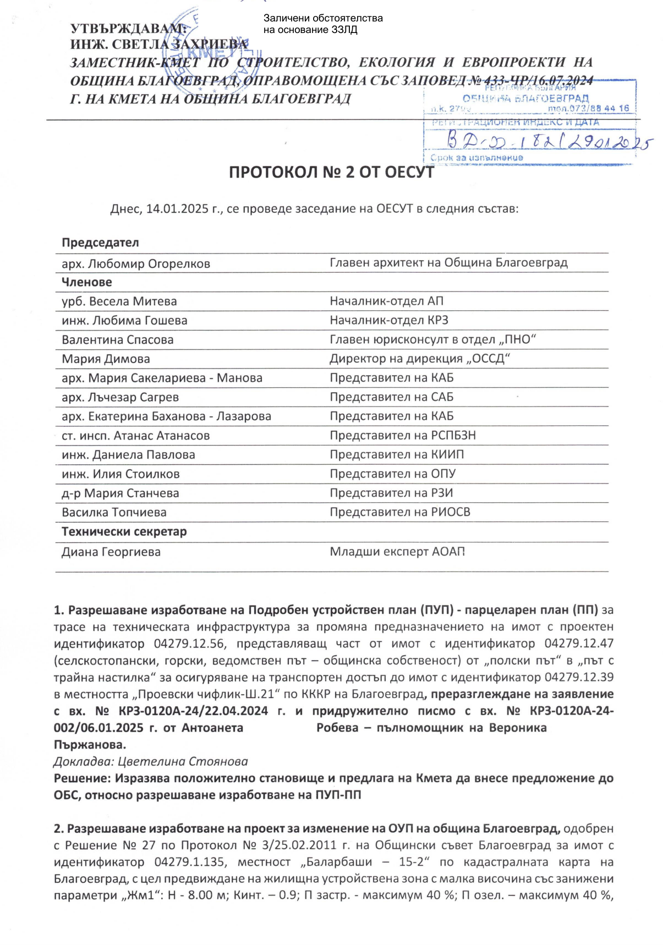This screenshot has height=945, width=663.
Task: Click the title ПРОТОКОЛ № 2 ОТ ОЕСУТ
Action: pos(331,172)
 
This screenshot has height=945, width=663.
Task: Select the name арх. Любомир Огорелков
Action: pos(136,264)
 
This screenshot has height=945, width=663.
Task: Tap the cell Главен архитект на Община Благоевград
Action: pos(448,263)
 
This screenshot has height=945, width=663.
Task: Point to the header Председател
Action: pos(100,243)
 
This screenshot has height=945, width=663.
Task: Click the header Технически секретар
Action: pos(124,531)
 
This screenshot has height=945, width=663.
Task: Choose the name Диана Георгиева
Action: pos(111,552)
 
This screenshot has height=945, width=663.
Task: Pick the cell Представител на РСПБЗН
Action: pos(403,435)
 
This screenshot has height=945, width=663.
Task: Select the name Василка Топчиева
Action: pos(114,512)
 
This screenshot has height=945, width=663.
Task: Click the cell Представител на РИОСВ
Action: pos(400,512)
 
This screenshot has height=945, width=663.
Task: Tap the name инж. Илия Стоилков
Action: pos(120,474)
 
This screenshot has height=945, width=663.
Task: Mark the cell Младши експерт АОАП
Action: pos(397,552)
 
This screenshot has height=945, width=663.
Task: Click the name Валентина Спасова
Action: pos(118,339)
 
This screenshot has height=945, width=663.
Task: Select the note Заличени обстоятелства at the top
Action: pos(323,18)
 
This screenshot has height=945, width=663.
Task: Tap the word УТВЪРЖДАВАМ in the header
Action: pos(128,28)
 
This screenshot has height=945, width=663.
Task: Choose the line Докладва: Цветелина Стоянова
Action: pos(151,761)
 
